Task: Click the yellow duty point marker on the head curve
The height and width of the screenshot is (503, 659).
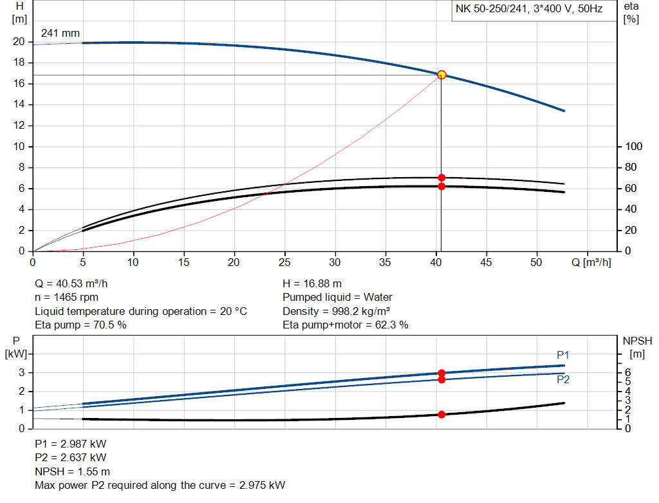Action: pos(441,75)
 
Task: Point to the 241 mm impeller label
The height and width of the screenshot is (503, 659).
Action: pos(60,33)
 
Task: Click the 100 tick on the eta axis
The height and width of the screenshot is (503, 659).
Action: pos(633,147)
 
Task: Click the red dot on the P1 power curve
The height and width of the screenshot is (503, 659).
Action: pos(441,373)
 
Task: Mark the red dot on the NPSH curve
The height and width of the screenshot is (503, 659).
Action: pos(441,415)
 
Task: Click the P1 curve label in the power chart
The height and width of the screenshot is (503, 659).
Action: pos(563,356)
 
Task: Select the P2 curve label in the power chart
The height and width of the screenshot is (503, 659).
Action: pos(563,380)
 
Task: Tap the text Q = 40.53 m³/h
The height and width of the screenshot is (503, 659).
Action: pos(77,283)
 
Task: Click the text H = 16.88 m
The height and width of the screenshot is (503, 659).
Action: pos(312,283)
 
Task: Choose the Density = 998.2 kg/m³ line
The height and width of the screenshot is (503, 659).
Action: pos(338,311)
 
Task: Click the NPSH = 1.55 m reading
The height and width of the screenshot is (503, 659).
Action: pos(73,471)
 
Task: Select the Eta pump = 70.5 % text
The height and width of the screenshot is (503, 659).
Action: pos(80,325)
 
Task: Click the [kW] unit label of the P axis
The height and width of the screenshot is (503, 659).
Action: pos(17,353)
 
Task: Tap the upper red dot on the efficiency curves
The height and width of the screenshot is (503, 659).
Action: pos(441,177)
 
